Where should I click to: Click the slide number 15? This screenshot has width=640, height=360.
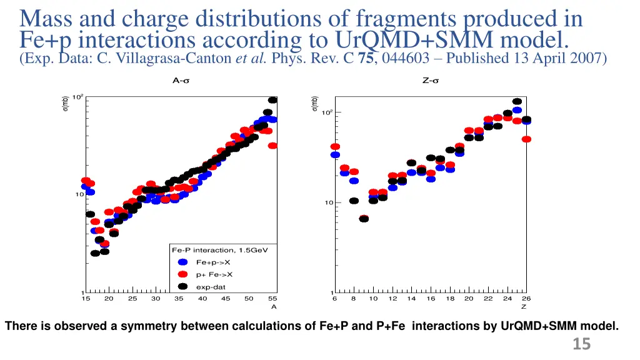(582, 344)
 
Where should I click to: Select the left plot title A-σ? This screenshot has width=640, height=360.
(181, 80)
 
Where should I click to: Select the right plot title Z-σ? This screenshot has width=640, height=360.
(430, 80)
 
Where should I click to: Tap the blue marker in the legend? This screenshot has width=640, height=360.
(182, 262)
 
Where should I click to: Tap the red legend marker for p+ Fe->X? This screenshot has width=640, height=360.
(182, 274)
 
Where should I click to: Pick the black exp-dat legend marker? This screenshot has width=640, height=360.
(182, 287)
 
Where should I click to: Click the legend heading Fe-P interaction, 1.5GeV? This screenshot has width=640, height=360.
(220, 250)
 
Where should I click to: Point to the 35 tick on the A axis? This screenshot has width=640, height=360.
(179, 299)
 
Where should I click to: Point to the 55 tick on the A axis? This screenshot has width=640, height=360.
(272, 299)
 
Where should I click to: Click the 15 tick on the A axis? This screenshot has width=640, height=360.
(86, 299)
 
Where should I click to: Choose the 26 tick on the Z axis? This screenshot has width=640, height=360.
(526, 299)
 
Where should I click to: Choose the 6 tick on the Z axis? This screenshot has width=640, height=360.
(335, 299)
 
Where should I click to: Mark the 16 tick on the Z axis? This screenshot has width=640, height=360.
(431, 299)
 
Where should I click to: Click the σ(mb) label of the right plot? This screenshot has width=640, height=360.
(316, 104)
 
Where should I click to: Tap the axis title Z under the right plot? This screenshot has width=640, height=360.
(524, 307)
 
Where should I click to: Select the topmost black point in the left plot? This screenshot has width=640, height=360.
(272, 100)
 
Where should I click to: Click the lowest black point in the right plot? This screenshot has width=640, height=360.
(364, 219)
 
